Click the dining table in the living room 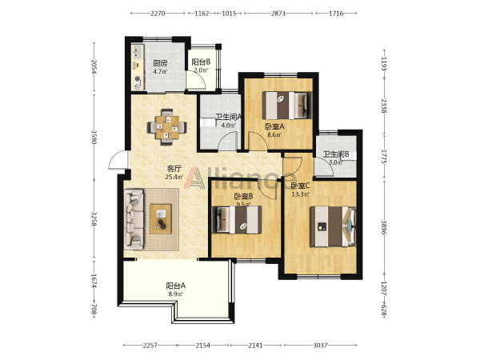click(167, 126)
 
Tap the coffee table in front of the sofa click(161, 218)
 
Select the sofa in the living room click(134, 218)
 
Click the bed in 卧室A click(287, 106)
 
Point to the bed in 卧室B click(238, 220)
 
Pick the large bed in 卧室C click(333, 226)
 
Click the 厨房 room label click(160, 63)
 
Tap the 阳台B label click(201, 62)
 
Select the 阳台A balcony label click(176, 286)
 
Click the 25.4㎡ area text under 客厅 click(174, 177)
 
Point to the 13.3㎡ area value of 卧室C click(301, 194)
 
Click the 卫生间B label click(336, 154)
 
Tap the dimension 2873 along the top click(278, 13)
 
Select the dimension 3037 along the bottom click(320, 346)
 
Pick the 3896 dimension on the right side click(384, 227)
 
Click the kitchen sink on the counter click(138, 51)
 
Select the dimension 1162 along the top click(202, 13)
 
